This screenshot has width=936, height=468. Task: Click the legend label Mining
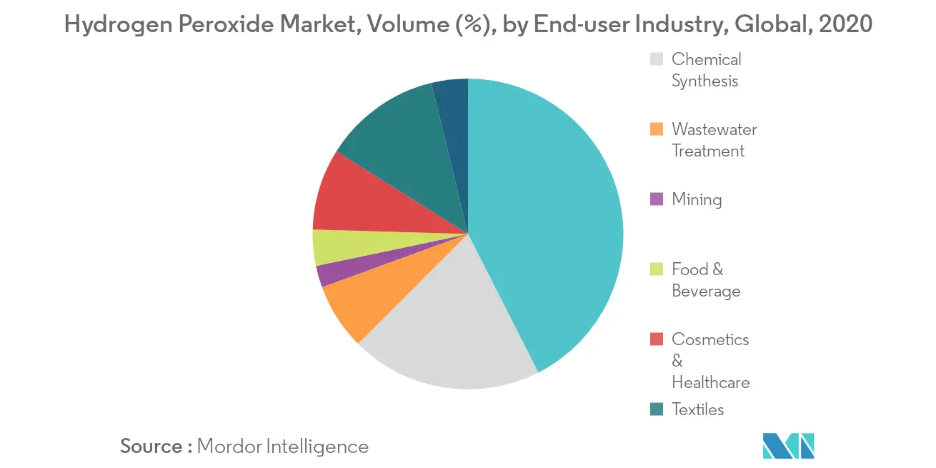pos(697,199)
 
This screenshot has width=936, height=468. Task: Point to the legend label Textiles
pos(698,409)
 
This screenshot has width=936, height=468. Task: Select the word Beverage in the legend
pos(706,291)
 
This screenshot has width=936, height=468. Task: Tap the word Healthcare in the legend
pos(711,382)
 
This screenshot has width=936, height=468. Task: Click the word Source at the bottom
pos(152,447)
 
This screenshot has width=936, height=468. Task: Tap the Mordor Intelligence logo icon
pos(788,446)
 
